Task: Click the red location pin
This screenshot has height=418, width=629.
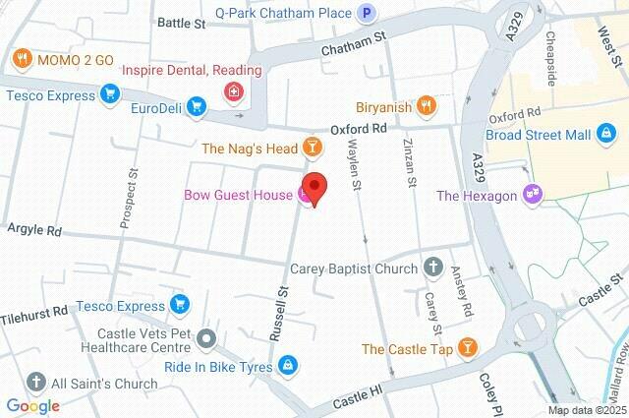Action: pyautogui.click(x=314, y=187)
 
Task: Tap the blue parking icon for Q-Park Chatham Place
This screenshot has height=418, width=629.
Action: pyautogui.click(x=367, y=13)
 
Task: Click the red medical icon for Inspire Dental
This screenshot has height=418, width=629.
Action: pyautogui.click(x=233, y=92)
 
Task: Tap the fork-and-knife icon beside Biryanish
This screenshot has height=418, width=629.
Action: pyautogui.click(x=426, y=105)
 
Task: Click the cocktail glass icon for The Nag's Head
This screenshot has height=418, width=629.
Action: pyautogui.click(x=312, y=149)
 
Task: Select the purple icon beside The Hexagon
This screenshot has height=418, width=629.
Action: pyautogui.click(x=533, y=195)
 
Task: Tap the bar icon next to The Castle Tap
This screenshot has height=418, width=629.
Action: pyautogui.click(x=468, y=348)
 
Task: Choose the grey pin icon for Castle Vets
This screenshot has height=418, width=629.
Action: pyautogui.click(x=205, y=340)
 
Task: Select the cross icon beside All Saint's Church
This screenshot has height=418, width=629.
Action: pyautogui.click(x=36, y=383)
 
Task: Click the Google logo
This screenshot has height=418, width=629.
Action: pyautogui.click(x=32, y=405)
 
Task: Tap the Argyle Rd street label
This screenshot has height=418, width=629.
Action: pyautogui.click(x=34, y=231)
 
